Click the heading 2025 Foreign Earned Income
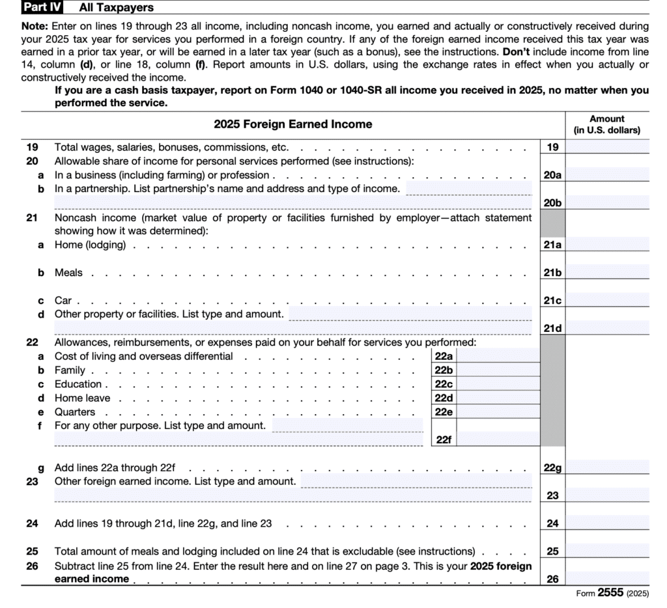(x=293, y=124)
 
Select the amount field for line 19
(x=608, y=147)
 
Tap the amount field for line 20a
(x=608, y=174)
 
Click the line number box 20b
(x=552, y=202)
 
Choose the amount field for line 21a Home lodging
(x=608, y=245)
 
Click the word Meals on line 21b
(x=68, y=273)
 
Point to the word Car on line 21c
(x=63, y=301)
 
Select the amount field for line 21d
(x=608, y=328)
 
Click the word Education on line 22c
(x=78, y=384)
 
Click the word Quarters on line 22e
(x=75, y=412)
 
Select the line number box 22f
(x=444, y=439)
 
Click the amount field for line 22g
(x=608, y=467)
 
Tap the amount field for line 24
(x=608, y=523)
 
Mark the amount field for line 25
(x=608, y=551)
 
